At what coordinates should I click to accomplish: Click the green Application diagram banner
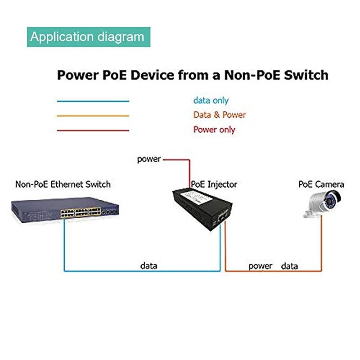(88, 37)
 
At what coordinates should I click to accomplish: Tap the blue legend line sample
(93, 101)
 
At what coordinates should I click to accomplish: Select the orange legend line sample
(93, 116)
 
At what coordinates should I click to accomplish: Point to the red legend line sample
(93, 130)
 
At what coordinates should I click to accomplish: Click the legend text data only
(211, 101)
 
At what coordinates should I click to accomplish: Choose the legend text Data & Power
(219, 115)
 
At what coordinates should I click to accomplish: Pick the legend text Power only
(214, 130)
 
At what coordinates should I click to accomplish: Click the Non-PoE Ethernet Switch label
(63, 184)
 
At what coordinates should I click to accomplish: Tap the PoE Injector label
(214, 184)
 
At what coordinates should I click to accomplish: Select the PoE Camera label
(321, 184)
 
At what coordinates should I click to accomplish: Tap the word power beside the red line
(149, 159)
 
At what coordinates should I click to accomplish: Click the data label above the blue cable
(148, 265)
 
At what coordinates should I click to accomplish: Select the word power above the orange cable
(260, 266)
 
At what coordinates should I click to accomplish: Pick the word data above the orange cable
(289, 266)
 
